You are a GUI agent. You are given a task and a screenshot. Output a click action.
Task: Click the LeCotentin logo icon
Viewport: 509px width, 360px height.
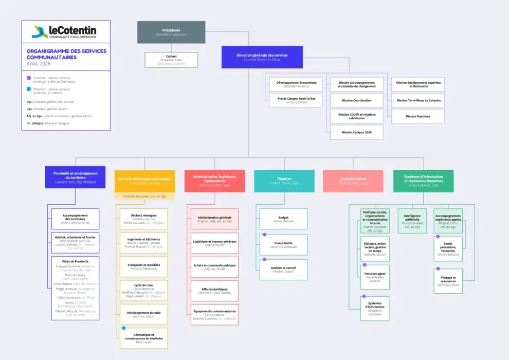point(39,32)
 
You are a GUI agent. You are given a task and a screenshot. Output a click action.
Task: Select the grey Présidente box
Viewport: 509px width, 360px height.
point(171,32)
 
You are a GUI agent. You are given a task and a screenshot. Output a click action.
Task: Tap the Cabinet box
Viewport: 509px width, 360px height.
point(171,60)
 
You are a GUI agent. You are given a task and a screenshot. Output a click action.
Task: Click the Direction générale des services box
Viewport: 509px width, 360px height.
point(262,57)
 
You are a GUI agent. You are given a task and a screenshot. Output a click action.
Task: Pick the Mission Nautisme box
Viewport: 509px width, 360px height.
point(417,116)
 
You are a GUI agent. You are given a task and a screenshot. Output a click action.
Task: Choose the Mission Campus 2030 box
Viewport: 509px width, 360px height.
point(356,132)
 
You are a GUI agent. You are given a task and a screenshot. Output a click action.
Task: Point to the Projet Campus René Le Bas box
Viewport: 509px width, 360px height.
point(296,100)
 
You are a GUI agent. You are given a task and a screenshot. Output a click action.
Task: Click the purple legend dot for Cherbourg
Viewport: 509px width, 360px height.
point(29,78)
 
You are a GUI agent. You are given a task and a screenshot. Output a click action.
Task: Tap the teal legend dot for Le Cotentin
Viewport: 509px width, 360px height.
point(29,89)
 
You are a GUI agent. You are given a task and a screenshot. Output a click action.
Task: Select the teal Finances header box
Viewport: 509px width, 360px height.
point(284,181)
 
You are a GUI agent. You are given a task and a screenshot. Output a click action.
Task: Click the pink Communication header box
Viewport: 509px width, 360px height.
point(353,181)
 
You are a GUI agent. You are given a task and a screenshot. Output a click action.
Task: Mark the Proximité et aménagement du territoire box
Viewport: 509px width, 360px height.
point(75,177)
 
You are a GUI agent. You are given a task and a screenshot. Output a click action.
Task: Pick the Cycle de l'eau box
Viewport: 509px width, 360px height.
point(143,291)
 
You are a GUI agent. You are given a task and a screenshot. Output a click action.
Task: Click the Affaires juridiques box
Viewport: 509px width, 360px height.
point(214,291)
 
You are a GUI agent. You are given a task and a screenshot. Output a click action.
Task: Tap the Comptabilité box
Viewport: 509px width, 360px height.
point(283,245)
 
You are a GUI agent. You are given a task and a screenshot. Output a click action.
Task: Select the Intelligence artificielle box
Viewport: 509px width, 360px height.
point(412,221)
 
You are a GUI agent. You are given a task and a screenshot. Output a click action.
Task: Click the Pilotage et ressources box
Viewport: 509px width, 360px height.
point(448,281)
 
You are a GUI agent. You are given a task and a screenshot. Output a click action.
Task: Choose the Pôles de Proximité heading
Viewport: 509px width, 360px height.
point(75,261)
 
